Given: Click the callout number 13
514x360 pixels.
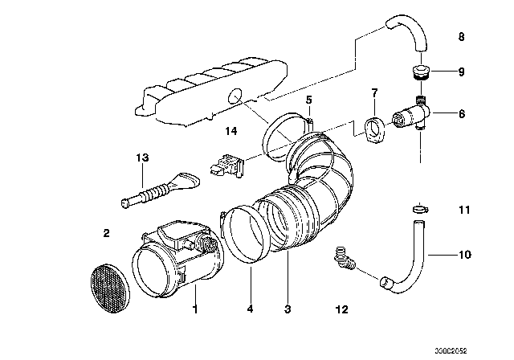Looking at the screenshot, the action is click(x=142, y=157).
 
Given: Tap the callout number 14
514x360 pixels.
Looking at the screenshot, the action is click(x=230, y=131).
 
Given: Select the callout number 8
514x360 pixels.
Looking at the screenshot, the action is click(x=461, y=37).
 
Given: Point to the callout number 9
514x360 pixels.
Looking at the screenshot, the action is click(x=461, y=72).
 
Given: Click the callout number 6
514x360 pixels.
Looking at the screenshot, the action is click(x=462, y=114).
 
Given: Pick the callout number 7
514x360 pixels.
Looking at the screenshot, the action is click(x=374, y=92).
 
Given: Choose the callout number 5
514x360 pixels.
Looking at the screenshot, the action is click(x=308, y=100).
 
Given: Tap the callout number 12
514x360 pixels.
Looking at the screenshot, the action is click(x=341, y=309).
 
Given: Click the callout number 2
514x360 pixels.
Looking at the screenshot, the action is click(x=106, y=234).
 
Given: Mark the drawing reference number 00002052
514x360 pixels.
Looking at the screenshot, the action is click(x=451, y=351).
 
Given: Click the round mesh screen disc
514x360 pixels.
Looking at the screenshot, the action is click(x=110, y=288).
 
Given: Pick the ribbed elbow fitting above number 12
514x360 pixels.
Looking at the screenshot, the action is click(x=344, y=259).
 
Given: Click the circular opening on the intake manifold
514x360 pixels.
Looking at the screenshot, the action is click(x=235, y=96).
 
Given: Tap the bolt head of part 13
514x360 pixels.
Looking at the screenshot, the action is click(x=124, y=203).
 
